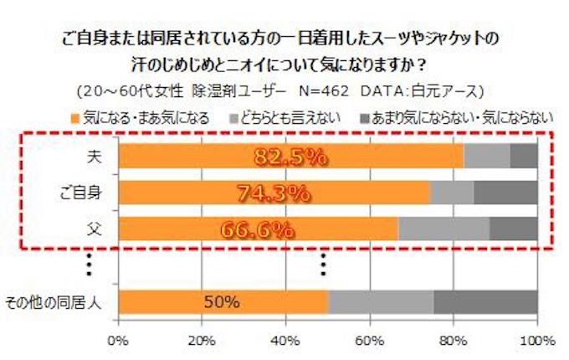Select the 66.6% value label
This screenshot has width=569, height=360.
click(x=257, y=229)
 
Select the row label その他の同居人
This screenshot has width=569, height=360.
click(x=54, y=301)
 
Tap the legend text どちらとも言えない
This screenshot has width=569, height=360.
click(x=289, y=117)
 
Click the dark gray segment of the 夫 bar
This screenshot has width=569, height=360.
click(x=524, y=157)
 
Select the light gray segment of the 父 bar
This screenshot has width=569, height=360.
click(x=443, y=229)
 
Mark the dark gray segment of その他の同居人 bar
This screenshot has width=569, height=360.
click(x=485, y=301)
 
